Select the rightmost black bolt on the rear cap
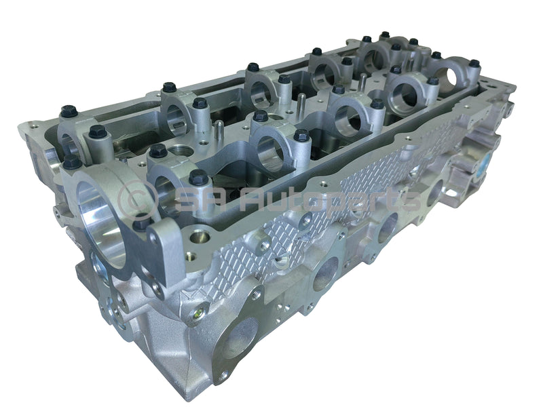pyautogui.click(x=474, y=64)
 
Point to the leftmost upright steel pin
pyautogui.click(x=219, y=128)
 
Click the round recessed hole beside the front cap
pyautogui.click(x=198, y=237)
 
